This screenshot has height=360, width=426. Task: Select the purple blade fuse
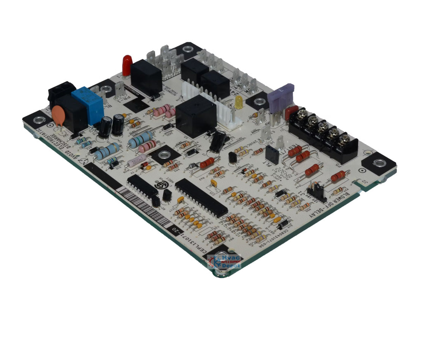coord(281,98)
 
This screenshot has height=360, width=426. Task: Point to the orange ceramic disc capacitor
coord(58,116)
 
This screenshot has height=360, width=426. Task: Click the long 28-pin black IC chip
coord(201,197)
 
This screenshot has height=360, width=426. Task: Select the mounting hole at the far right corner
coord(379,163)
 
